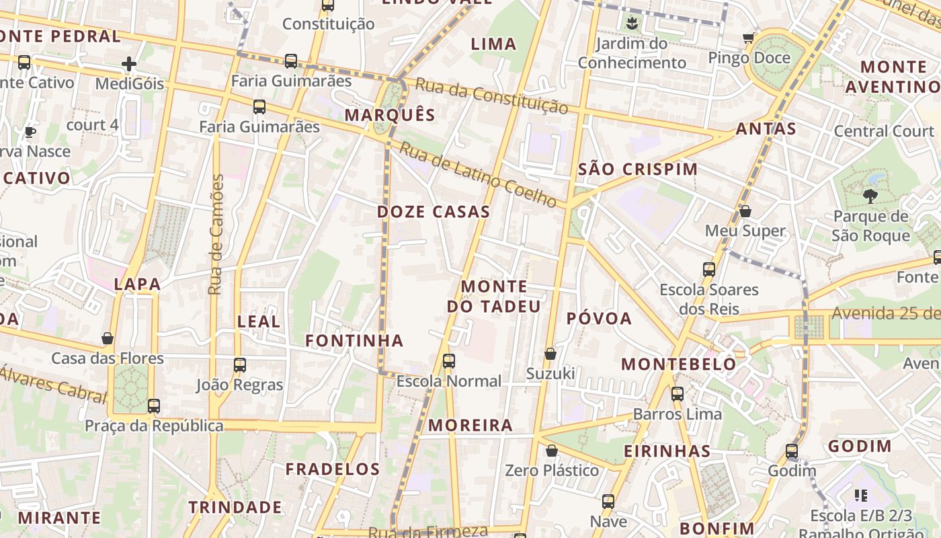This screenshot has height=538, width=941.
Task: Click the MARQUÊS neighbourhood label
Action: pos(390,115)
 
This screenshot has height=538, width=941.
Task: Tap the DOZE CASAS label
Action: pos(434,212)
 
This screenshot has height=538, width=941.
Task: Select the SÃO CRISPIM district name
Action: pos(638,169)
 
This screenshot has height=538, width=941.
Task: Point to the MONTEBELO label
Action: pos(679,364)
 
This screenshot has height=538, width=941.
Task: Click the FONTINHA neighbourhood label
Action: pos(354,341)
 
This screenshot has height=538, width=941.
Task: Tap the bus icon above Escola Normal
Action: pos(449,361)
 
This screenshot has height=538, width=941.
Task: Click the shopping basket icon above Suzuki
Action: pos(550,354)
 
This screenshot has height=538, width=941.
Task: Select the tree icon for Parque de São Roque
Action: pos(870,196)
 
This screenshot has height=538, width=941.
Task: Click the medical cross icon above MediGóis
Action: pos(129,65)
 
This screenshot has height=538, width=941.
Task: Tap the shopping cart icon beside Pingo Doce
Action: pos(748,38)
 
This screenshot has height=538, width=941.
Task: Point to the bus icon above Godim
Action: pos(792,451)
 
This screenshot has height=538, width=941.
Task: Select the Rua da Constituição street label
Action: pos(491,95)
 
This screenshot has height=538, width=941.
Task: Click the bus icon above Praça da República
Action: pos(154,406)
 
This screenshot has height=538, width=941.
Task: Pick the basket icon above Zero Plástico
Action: pos(552,451)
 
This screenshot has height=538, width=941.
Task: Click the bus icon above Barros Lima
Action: pos(678,394)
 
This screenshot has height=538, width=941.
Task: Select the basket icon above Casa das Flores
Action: pos(108,338)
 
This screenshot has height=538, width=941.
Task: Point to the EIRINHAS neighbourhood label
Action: pos(667,451)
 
